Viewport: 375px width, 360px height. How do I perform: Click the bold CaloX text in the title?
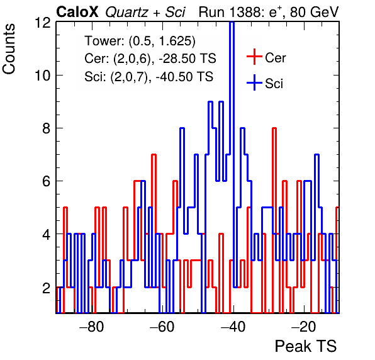77,12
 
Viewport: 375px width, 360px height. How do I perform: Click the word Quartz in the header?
126,13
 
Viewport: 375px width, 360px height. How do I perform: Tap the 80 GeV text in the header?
314,12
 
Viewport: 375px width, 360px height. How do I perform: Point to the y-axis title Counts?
9,49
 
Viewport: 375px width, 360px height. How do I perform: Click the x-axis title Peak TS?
306,346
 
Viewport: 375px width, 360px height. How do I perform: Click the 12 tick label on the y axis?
43,23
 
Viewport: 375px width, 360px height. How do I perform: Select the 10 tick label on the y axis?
43,76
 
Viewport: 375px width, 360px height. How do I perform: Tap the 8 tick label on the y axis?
47,128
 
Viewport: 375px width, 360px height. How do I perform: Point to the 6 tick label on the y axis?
47,181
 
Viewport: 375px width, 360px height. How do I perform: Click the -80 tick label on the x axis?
92,327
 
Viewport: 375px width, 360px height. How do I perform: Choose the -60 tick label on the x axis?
162,327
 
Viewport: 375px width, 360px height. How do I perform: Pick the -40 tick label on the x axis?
233,327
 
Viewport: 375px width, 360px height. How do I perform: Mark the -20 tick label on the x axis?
304,327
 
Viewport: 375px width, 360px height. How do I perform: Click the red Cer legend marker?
254,57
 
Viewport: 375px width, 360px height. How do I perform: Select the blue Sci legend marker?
254,82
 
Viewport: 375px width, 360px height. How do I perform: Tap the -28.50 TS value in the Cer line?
187,59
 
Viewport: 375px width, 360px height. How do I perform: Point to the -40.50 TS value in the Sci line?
184,77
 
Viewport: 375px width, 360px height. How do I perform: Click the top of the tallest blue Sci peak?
232,22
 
